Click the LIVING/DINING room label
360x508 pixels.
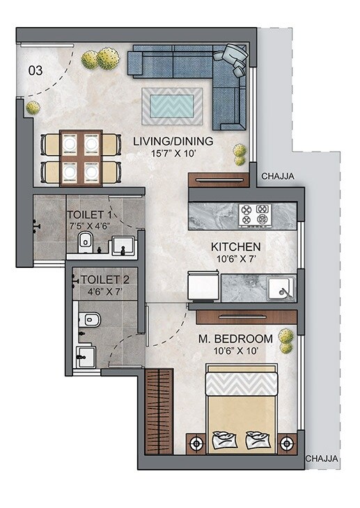(173, 141)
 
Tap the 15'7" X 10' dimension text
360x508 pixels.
(173, 153)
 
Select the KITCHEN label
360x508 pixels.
(236, 246)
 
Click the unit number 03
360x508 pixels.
(35, 70)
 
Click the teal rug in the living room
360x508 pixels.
(172, 106)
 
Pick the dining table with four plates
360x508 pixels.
(81, 157)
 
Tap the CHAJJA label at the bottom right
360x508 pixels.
(321, 459)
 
